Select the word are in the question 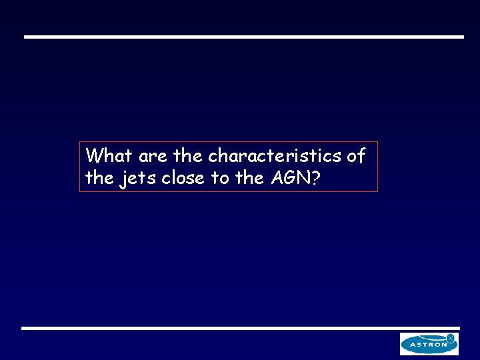(x=154, y=157)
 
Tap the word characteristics (x=275, y=156)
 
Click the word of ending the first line (x=356, y=156)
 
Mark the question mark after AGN (x=314, y=178)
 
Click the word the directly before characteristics (x=188, y=156)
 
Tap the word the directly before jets (x=101, y=178)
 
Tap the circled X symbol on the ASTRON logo (x=451, y=339)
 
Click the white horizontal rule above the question (x=243, y=37)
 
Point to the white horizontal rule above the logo (x=240, y=328)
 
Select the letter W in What (x=95, y=156)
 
